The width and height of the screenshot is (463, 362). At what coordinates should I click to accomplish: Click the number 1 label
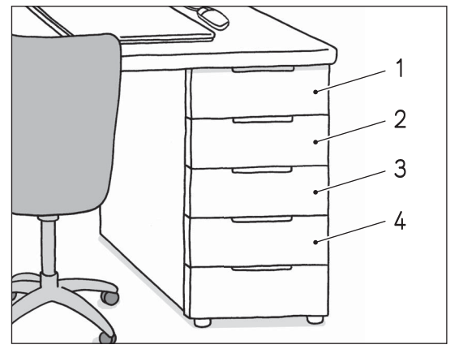[x=400, y=68]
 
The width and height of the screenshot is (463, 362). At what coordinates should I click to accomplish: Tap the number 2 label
[x=400, y=119]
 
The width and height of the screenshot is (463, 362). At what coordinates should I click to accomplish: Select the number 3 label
[x=400, y=169]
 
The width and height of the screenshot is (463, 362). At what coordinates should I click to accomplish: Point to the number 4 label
[x=400, y=221]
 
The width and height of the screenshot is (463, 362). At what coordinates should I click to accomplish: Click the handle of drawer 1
[x=263, y=70]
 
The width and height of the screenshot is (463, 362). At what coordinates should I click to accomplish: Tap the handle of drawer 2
[x=263, y=119]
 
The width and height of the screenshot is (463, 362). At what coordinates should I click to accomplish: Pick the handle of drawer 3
[x=262, y=170]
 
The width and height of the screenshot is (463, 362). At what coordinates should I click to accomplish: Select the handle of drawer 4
[x=262, y=219]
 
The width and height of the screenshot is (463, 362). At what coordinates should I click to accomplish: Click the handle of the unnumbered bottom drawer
[x=262, y=269]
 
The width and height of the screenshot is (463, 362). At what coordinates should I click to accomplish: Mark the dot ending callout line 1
[x=315, y=92]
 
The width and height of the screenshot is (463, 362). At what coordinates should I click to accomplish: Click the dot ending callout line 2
[x=315, y=142]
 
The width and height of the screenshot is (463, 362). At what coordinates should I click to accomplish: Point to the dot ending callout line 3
[x=315, y=192]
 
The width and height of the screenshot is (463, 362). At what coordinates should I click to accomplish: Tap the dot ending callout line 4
[x=315, y=243]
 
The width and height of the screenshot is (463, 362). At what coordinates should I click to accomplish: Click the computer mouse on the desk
[x=212, y=18]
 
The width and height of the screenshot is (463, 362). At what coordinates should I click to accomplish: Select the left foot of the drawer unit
[x=202, y=322]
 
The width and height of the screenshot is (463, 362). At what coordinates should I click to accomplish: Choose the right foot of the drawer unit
[x=315, y=320]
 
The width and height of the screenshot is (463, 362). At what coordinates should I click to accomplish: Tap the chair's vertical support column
[x=48, y=247]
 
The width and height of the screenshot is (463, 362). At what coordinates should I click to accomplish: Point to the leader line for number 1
[x=351, y=81]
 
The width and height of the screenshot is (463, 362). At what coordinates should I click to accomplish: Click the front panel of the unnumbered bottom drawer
[x=259, y=292]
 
